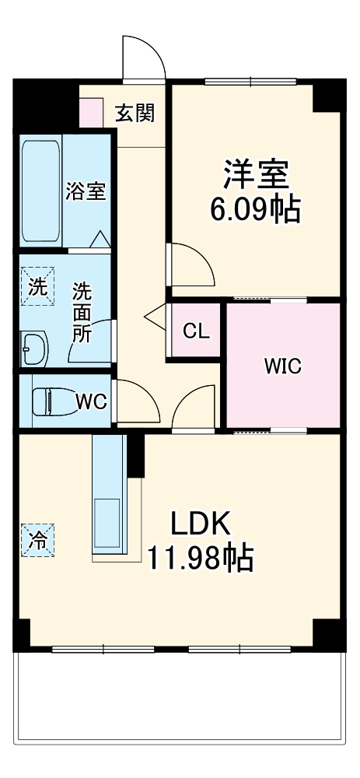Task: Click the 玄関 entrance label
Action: (135, 114)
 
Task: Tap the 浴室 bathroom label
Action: (86, 191)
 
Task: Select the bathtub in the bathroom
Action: (40, 191)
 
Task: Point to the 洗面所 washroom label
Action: (82, 312)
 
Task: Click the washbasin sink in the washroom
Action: (35, 349)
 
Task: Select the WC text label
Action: (91, 401)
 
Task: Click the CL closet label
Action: (196, 331)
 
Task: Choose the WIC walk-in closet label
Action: (282, 366)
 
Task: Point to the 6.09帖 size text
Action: (256, 209)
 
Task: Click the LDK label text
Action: (201, 524)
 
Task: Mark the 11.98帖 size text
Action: (201, 557)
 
